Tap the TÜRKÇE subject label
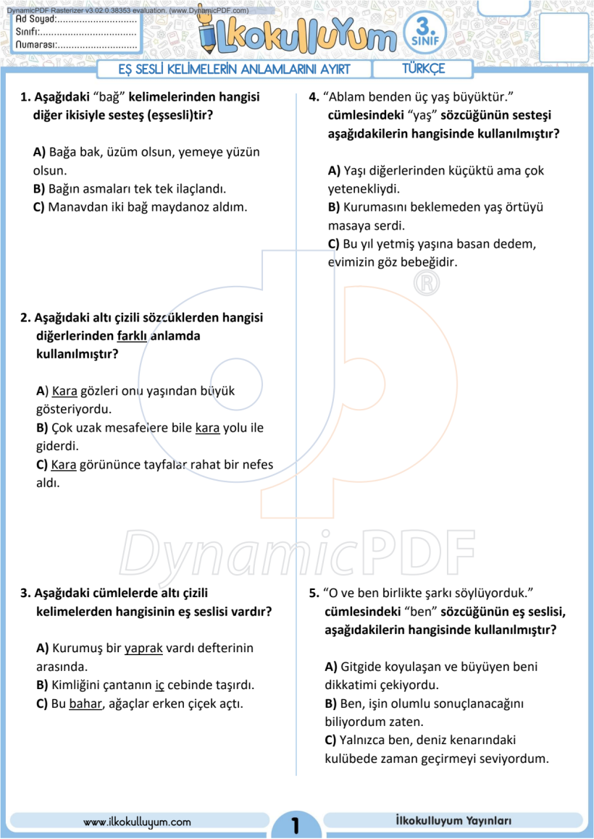click(423, 69)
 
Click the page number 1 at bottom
click(296, 825)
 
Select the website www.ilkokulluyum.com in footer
click(138, 822)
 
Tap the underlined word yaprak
click(144, 649)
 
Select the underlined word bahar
click(86, 703)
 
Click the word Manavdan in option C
click(75, 207)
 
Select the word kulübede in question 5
click(348, 759)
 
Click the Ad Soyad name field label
click(36, 20)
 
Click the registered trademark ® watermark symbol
click(427, 283)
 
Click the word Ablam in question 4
click(348, 97)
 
